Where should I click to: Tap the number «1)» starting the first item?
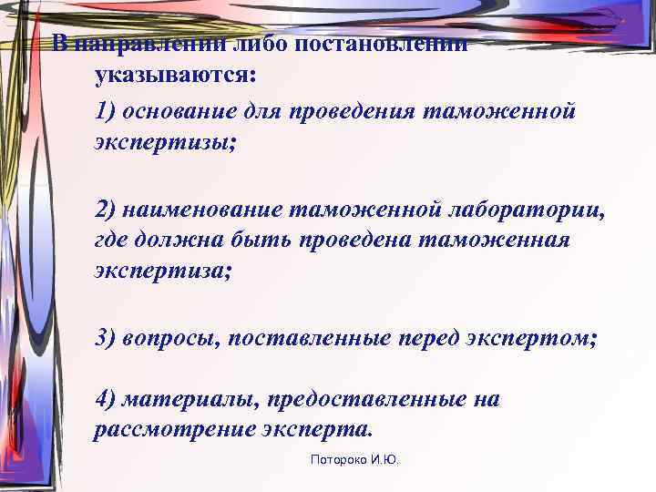tap(107, 111)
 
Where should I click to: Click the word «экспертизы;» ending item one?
tap(165, 143)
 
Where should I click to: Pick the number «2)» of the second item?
tap(107, 210)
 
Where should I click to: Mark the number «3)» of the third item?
tap(107, 338)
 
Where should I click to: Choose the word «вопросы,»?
tap(171, 338)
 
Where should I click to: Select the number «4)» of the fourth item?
tap(107, 399)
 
